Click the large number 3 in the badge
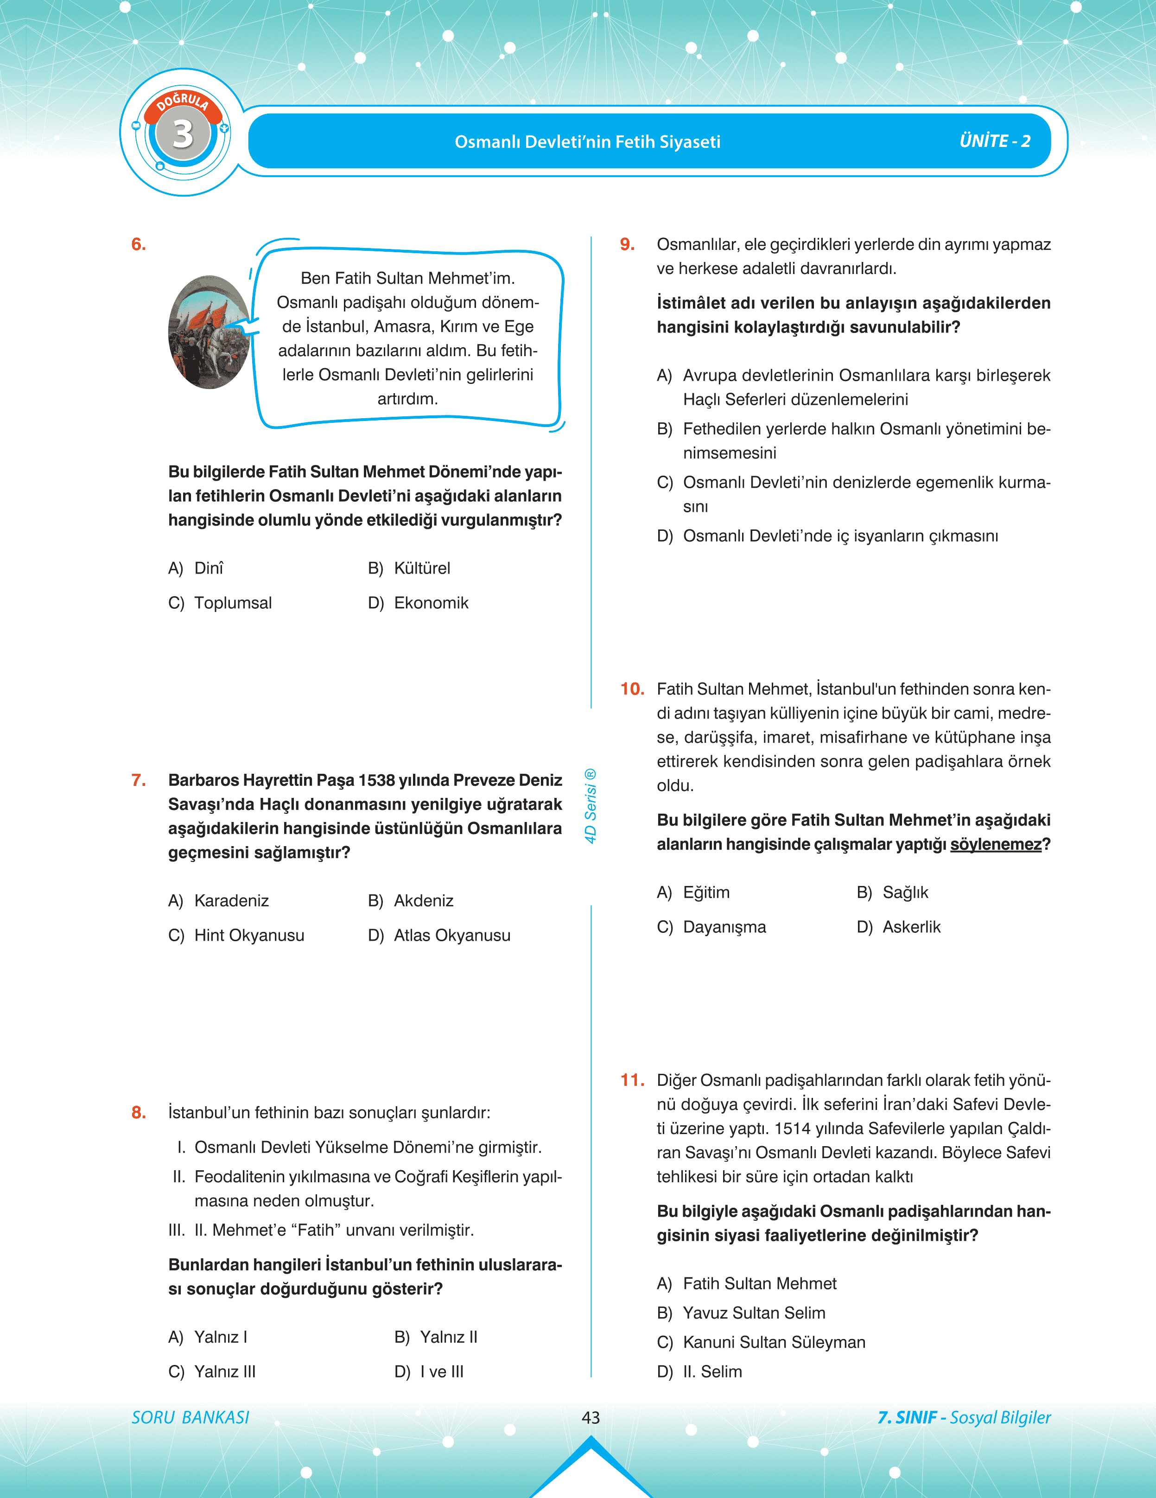(182, 134)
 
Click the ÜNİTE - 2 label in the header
(994, 141)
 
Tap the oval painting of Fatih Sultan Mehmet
(209, 333)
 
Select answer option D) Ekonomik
(418, 603)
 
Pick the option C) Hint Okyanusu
(236, 936)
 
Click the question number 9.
(627, 245)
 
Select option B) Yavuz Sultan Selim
(741, 1313)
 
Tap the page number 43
(591, 1417)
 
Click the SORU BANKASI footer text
(191, 1417)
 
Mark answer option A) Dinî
(196, 568)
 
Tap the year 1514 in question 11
(793, 1128)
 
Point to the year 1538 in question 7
(376, 781)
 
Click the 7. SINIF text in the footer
(907, 1417)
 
